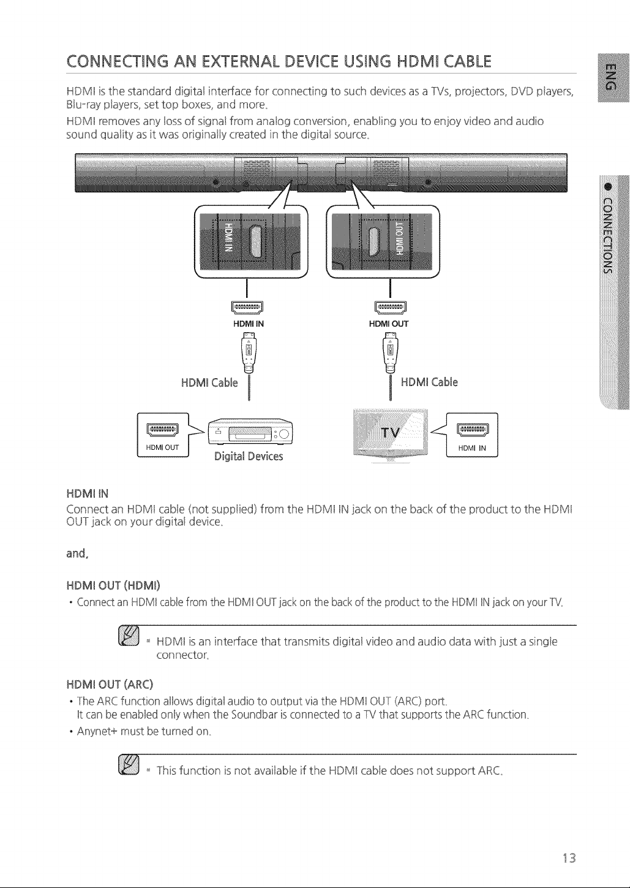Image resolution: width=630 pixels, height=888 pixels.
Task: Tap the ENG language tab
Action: pos(613,77)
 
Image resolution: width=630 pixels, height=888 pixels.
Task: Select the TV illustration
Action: pos(390,435)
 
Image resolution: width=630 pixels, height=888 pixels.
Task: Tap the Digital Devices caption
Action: pos(249,457)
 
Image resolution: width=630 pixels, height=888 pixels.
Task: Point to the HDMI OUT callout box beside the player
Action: pos(163,435)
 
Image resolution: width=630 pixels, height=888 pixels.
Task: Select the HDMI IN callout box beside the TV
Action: pos(472,435)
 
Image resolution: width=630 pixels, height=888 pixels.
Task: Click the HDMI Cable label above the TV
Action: pos(429,382)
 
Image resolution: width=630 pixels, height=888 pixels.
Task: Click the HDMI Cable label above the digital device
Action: pos(209,382)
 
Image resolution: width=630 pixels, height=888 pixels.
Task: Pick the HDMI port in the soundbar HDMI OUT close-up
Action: pos(374,242)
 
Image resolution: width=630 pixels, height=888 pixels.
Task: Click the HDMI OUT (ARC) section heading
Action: pos(110,685)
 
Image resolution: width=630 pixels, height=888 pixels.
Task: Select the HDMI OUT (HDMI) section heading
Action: pos(113,585)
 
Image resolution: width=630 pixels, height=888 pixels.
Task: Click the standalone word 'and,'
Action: pos(77,553)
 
